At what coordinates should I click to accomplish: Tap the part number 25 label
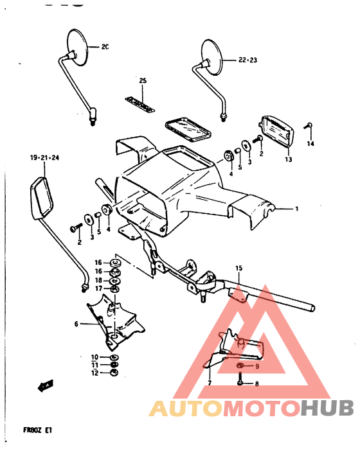(x=143, y=80)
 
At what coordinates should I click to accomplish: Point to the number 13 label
(x=288, y=159)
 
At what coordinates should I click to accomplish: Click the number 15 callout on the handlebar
(x=238, y=268)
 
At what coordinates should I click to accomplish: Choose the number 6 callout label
(x=76, y=324)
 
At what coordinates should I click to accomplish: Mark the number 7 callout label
(x=209, y=383)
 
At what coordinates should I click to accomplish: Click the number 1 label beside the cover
(x=297, y=209)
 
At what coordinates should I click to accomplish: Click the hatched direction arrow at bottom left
(x=45, y=387)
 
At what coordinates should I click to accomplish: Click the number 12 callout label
(x=94, y=373)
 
